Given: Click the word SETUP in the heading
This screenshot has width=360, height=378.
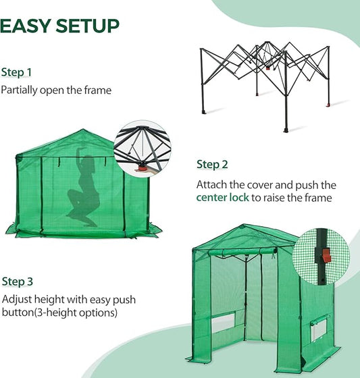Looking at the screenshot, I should [83, 26].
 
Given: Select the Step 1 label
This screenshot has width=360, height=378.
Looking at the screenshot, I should [16, 72].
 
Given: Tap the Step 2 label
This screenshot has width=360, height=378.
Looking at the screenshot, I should [212, 164].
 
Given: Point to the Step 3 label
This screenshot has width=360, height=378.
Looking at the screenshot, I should [18, 281].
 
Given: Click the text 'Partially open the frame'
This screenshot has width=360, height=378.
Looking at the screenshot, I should [56, 90].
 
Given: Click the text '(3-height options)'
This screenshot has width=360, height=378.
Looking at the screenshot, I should [83, 313].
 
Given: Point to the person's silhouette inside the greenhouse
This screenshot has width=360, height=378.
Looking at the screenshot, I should [83, 189].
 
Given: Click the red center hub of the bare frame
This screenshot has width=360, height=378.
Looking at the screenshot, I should [267, 68].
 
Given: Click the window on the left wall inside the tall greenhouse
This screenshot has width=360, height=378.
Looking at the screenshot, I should [222, 322].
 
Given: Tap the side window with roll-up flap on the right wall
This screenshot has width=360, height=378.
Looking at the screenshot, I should [317, 329].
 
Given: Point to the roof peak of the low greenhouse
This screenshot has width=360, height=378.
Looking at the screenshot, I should [83, 132].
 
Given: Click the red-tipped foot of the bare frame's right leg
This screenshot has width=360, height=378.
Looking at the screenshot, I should [328, 105].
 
